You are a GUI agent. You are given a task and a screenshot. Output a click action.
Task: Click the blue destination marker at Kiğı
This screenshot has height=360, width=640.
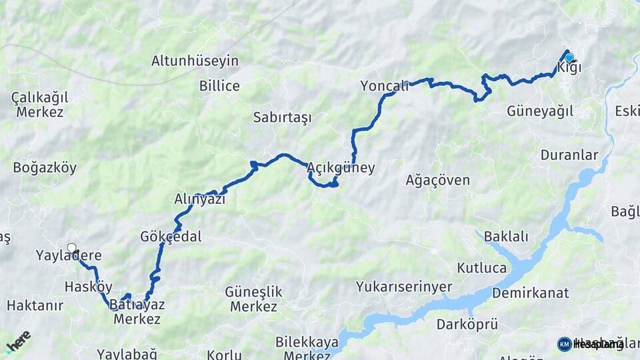569,57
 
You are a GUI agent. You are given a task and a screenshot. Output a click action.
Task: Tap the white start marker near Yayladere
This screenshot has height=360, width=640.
71,248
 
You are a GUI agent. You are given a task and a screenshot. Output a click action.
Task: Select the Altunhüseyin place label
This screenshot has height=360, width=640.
195,61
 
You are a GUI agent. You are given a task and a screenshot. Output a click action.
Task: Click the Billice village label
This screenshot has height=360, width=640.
219,85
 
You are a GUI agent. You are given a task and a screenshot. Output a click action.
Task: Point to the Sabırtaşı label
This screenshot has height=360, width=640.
282,118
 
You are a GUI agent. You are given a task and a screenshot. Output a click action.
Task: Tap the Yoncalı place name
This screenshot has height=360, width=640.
384,85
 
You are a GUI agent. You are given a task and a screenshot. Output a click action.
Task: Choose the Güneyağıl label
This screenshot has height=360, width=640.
540,111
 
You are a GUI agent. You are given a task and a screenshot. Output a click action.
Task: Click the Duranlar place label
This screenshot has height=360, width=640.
569,155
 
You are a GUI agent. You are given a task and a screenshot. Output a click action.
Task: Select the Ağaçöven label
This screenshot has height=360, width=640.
438,180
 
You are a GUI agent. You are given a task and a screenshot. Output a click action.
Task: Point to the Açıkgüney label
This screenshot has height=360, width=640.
341,168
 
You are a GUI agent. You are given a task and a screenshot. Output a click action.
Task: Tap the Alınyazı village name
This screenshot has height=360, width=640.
200,199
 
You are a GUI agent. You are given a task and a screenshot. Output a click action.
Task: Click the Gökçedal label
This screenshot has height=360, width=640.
171,237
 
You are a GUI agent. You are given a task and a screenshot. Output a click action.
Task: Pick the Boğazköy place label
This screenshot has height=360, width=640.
45,168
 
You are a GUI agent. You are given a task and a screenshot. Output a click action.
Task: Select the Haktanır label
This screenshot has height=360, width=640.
35,305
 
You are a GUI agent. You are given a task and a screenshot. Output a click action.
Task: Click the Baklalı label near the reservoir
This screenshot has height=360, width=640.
506,236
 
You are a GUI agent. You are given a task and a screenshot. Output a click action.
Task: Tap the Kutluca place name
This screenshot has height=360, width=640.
481,268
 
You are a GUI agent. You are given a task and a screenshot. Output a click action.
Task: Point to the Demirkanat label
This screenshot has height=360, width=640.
531,293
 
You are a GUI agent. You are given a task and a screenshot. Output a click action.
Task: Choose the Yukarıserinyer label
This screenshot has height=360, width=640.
404,287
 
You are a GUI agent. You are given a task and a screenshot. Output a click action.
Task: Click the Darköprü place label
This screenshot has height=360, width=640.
467,325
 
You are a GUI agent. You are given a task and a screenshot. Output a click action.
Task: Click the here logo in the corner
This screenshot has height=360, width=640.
18,341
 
